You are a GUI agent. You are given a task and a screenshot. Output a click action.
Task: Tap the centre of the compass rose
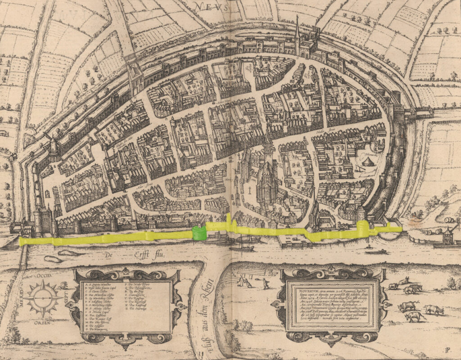click(x=43, y=298)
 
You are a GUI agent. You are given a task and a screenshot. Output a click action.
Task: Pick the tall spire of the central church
click(x=268, y=144)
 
